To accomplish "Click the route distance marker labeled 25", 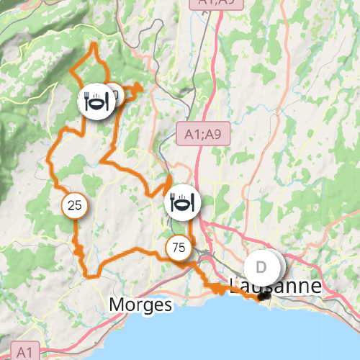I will coord(74,206).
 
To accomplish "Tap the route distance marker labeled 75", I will coord(179,248).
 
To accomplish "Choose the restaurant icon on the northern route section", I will coord(96,102).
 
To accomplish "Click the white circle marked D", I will coord(261,267).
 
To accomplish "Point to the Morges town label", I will coord(141,305).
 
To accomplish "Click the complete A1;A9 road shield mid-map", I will coord(202,133).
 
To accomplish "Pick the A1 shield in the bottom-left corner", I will coord(24,351).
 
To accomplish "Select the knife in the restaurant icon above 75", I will coord(192,202).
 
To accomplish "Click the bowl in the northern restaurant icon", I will coord(97,103).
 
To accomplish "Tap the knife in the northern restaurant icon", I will coord(107,102).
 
